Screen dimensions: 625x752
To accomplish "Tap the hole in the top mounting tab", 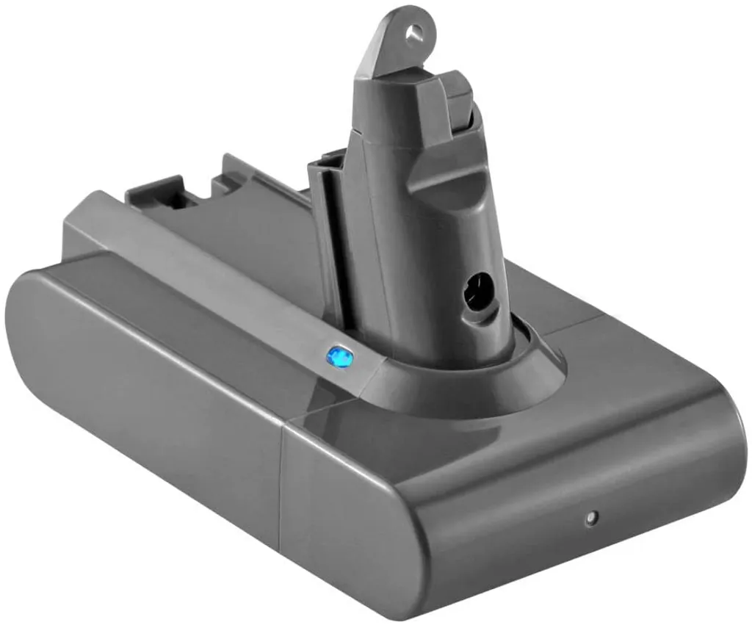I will pyautogui.click(x=416, y=31).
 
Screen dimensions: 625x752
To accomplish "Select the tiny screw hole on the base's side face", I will pyautogui.click(x=588, y=518).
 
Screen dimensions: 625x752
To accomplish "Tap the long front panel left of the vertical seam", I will pyautogui.click(x=147, y=411).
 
